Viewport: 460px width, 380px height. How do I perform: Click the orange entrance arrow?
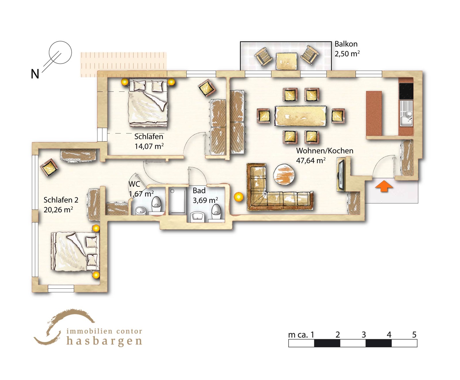pyautogui.click(x=384, y=186)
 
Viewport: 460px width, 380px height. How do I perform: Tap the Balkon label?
pyautogui.click(x=346, y=44)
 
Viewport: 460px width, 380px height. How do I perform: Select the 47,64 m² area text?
pyautogui.click(x=311, y=160)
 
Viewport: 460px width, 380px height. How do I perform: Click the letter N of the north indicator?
pyautogui.click(x=35, y=74)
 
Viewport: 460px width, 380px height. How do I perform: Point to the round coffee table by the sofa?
pyautogui.click(x=284, y=174)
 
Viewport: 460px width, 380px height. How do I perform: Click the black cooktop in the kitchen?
pyautogui.click(x=406, y=91)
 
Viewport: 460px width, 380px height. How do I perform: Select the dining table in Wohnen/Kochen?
pyautogui.click(x=300, y=116)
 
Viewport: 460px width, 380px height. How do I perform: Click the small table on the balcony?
pyautogui.click(x=286, y=61)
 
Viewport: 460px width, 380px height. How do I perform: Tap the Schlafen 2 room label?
pyautogui.click(x=61, y=200)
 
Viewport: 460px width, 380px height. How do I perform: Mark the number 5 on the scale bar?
pyautogui.click(x=414, y=335)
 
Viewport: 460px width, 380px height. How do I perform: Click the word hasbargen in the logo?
pyautogui.click(x=104, y=341)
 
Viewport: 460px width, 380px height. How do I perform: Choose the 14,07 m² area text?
pyautogui.click(x=149, y=146)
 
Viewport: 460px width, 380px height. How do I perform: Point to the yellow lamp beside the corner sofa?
pyautogui.click(x=239, y=197)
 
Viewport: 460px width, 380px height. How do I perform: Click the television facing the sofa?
pyautogui.click(x=341, y=175)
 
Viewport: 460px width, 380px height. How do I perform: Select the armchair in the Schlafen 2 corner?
pyautogui.click(x=49, y=168)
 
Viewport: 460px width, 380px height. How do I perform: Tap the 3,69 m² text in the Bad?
pyautogui.click(x=205, y=200)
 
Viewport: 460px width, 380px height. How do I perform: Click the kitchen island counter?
pyautogui.click(x=374, y=114)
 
